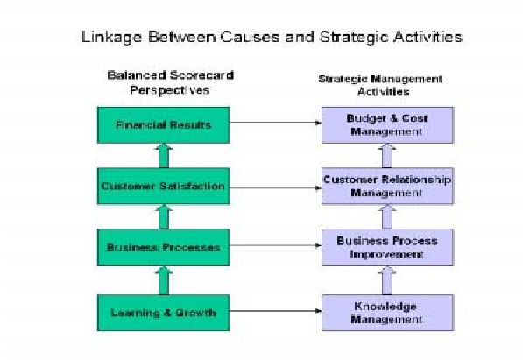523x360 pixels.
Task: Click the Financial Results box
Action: click(164, 125)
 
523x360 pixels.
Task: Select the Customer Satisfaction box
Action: click(164, 187)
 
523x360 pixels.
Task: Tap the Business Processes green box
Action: click(164, 247)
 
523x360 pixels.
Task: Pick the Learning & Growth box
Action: click(164, 313)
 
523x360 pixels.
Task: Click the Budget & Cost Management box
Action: click(387, 125)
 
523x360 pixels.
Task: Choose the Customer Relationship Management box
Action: click(387, 187)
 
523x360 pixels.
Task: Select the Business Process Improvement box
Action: click(387, 247)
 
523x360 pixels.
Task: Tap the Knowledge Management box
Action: click(387, 313)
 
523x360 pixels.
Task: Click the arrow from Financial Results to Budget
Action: click(275, 123)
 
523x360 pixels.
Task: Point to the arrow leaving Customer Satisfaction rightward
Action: click(275, 187)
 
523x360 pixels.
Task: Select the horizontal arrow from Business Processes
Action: click(275, 245)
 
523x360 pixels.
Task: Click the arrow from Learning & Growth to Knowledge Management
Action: click(275, 311)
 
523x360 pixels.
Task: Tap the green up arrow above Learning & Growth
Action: click(164, 280)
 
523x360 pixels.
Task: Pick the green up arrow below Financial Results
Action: click(164, 156)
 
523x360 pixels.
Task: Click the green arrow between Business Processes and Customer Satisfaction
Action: click(164, 217)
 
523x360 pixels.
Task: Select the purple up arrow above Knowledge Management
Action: click(387, 280)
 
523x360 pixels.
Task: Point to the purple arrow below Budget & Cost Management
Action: click(387, 156)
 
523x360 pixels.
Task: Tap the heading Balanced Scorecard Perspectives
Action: click(170, 82)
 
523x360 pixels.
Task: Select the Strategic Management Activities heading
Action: click(380, 86)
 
